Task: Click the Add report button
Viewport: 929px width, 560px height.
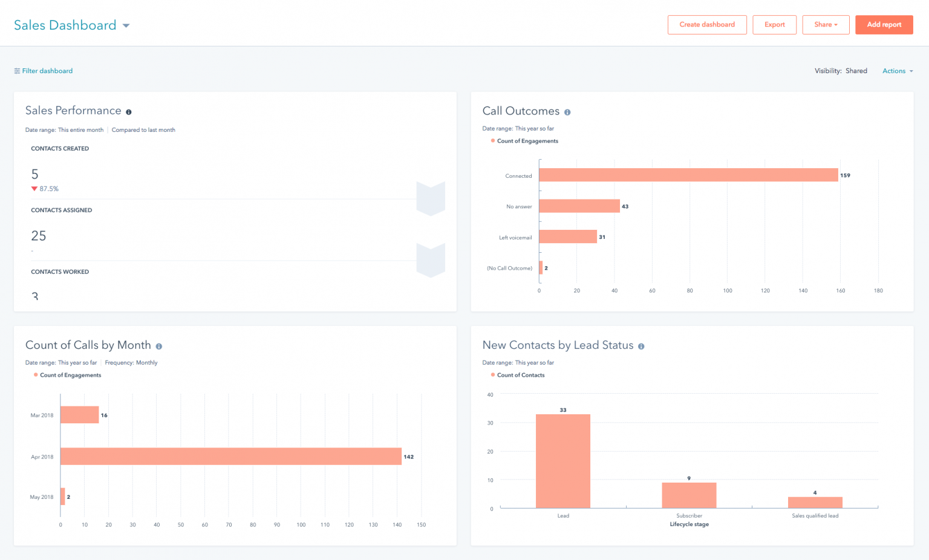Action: [884, 25]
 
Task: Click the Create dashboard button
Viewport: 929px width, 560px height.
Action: [707, 25]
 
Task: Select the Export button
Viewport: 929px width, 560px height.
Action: [774, 25]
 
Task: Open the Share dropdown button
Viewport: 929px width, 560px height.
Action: [826, 25]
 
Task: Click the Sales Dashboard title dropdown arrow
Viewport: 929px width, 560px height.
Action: [126, 25]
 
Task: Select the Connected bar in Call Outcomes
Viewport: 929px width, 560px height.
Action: [688, 175]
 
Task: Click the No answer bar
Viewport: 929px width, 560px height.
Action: [579, 206]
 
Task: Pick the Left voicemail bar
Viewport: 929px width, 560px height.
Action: [567, 236]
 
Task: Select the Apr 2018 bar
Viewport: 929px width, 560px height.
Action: [230, 457]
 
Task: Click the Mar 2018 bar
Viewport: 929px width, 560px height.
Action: [79, 415]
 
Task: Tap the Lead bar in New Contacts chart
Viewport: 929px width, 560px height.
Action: [562, 461]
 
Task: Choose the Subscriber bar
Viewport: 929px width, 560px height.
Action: [689, 495]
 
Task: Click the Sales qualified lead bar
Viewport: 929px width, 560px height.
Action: [815, 503]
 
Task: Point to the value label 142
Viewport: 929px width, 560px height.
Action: [409, 457]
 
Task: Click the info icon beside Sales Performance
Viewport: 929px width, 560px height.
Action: [128, 112]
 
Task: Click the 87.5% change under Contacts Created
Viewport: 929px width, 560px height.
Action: [48, 189]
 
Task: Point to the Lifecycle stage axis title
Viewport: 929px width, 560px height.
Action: [689, 524]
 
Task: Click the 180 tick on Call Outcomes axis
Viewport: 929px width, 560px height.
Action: [878, 291]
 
